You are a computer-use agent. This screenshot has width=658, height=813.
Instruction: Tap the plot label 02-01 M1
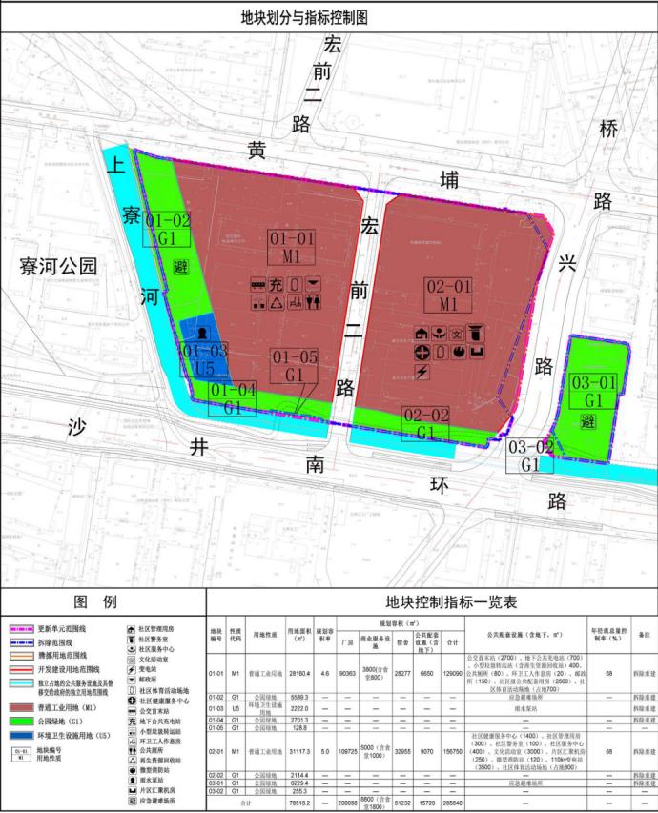449,295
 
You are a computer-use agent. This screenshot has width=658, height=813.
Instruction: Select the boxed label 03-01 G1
594,392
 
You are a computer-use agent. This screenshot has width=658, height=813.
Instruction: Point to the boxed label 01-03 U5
205,358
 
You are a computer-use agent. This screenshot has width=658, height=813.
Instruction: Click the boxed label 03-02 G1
530,457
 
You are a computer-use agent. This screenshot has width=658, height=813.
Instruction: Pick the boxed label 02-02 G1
425,423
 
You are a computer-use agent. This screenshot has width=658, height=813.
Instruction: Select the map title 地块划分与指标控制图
328,16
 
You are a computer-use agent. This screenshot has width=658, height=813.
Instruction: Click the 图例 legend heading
102,601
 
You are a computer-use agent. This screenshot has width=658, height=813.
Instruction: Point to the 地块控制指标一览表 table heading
430,601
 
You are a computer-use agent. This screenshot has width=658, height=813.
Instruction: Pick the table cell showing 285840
453,803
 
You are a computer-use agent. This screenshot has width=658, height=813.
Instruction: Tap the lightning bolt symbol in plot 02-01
422,370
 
